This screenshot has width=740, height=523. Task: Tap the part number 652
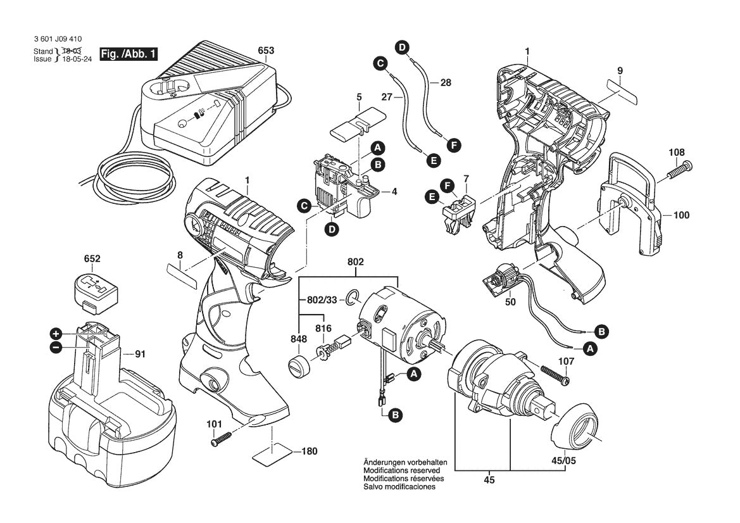(92, 260)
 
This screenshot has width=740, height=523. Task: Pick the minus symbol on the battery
(56, 347)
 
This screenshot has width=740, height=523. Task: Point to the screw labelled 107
(555, 374)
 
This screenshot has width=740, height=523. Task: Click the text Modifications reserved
(401, 471)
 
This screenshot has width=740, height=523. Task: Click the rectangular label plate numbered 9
(620, 89)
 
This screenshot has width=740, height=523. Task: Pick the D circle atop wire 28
(402, 46)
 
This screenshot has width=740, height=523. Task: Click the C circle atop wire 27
(380, 63)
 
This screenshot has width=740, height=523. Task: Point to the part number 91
(140, 355)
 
